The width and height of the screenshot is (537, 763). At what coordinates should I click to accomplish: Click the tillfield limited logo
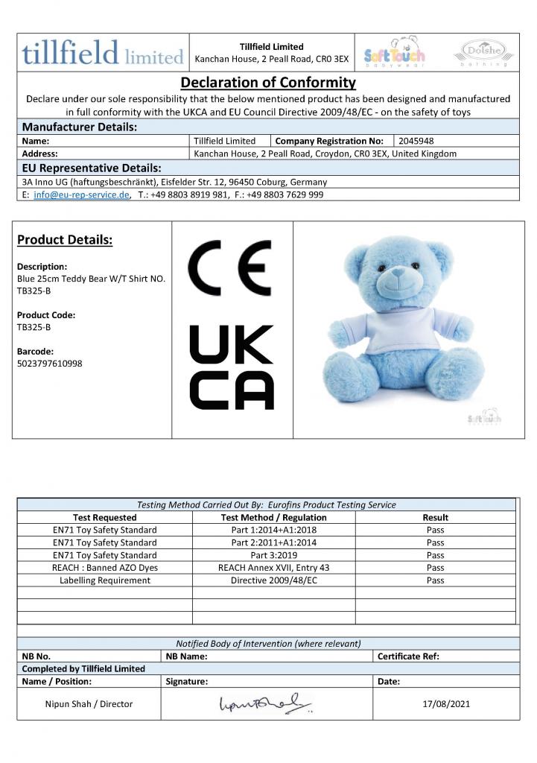click(x=103, y=54)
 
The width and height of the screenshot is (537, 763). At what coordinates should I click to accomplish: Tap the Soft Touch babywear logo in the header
click(x=394, y=54)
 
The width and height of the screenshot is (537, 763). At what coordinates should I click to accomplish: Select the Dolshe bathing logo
click(x=483, y=52)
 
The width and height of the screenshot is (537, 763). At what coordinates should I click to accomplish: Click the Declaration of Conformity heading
click(x=268, y=82)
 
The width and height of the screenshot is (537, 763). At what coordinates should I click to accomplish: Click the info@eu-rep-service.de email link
click(x=82, y=194)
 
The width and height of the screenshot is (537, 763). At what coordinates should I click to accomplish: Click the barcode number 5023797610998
click(x=49, y=363)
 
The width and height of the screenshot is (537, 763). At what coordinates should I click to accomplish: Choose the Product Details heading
click(x=65, y=240)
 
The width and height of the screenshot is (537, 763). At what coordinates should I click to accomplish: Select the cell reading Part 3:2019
click(x=273, y=555)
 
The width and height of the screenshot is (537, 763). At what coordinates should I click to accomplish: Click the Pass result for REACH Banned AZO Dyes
click(x=435, y=568)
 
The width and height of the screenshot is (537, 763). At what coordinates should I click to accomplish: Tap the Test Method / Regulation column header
click(x=273, y=517)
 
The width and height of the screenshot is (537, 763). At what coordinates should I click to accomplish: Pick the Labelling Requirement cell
click(x=105, y=580)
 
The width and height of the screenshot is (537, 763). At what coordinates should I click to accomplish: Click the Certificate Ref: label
click(x=408, y=656)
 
